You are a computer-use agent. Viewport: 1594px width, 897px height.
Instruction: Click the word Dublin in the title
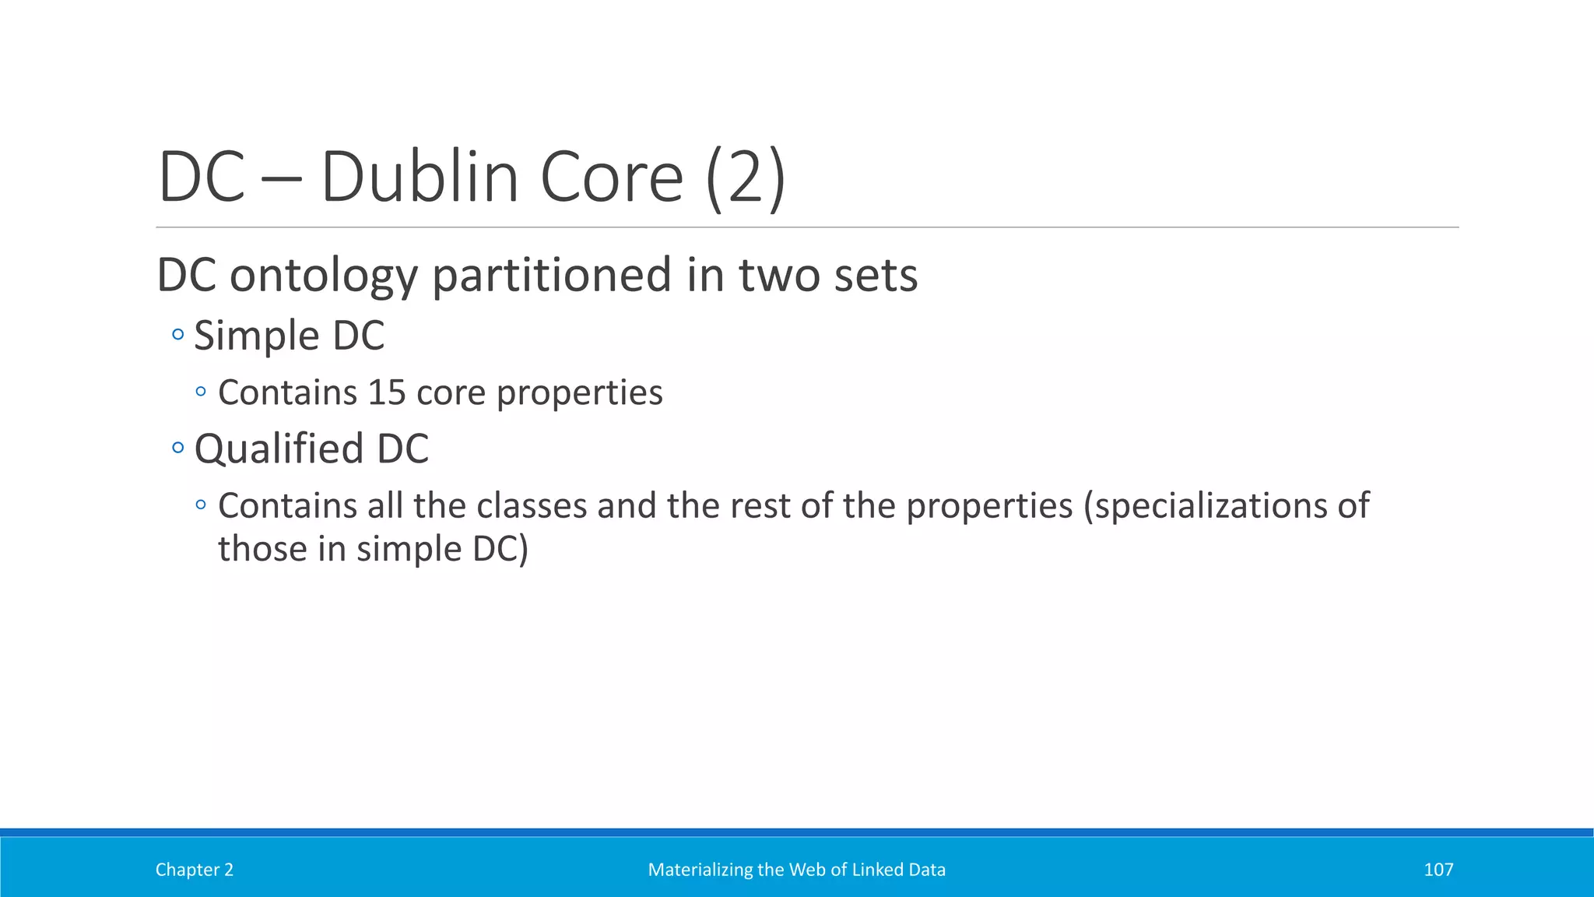pyautogui.click(x=419, y=178)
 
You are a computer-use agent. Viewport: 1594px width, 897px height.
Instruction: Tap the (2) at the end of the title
pyautogui.click(x=746, y=178)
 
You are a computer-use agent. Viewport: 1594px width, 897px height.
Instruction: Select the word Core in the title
pyautogui.click(x=611, y=178)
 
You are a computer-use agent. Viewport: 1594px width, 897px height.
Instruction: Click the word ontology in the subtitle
pyautogui.click(x=323, y=276)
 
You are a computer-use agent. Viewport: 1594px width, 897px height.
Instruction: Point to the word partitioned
pyautogui.click(x=551, y=276)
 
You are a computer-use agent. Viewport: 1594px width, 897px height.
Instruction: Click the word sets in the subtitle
pyautogui.click(x=875, y=276)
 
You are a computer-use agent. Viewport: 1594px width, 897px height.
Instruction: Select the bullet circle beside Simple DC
pyautogui.click(x=178, y=335)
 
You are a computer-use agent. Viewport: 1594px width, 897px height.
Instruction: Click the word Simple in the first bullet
pyautogui.click(x=257, y=336)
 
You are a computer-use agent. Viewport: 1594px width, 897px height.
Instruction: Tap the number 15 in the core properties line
pyautogui.click(x=387, y=392)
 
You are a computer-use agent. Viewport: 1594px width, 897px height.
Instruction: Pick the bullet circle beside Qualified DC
pyautogui.click(x=178, y=448)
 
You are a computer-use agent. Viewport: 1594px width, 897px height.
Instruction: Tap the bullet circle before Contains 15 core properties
pyautogui.click(x=201, y=392)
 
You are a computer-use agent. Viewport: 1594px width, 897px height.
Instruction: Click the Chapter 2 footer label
pyautogui.click(x=194, y=870)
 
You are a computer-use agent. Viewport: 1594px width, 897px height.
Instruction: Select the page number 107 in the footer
pyautogui.click(x=1438, y=870)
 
